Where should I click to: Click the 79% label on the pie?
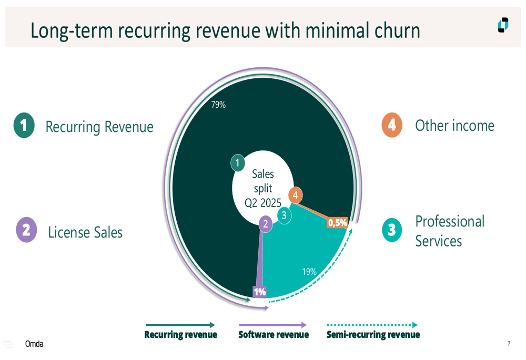tap(218, 105)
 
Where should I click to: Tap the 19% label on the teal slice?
tap(309, 272)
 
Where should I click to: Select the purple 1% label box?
tap(260, 292)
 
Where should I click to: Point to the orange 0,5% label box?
tap(338, 223)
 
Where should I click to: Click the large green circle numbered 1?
tap(24, 126)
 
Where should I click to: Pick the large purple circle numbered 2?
tap(26, 230)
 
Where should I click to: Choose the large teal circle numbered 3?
tap(392, 230)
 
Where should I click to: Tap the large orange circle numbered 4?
tap(392, 125)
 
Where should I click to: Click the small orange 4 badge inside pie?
tap(295, 195)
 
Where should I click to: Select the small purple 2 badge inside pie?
tap(265, 224)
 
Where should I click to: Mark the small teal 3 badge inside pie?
tap(284, 215)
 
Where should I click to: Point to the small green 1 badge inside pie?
tap(238, 163)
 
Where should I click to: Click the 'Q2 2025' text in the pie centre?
tap(262, 203)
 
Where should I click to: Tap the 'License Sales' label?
tap(85, 232)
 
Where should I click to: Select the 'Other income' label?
tap(454, 126)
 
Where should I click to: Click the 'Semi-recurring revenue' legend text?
tap(373, 335)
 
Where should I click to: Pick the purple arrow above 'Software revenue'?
tap(272, 325)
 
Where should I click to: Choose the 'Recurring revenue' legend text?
tap(180, 335)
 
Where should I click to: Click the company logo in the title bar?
tap(503, 25)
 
